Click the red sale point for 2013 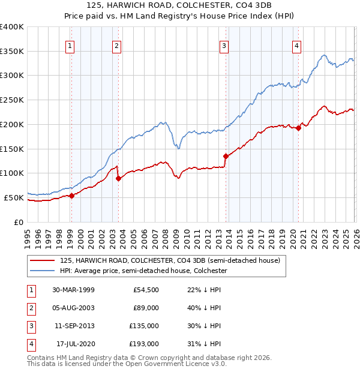tap(226, 156)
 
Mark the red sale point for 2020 tap(298, 128)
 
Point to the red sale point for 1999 tap(71, 195)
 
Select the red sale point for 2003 tap(118, 178)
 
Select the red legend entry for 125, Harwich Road tap(170, 261)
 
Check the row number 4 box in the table tap(30, 344)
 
